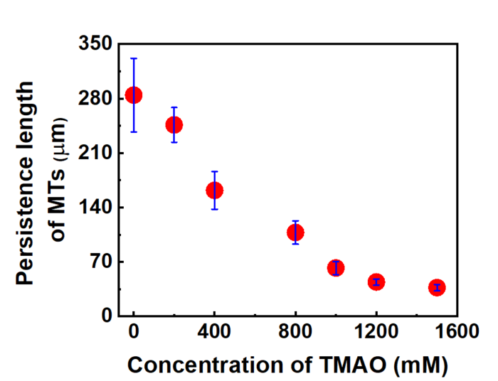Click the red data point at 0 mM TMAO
click(x=133, y=95)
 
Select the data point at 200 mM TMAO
click(x=174, y=125)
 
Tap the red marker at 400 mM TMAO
click(x=214, y=190)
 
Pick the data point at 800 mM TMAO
click(x=295, y=232)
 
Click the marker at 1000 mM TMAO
click(x=336, y=268)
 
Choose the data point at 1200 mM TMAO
click(x=376, y=281)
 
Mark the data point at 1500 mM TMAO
click(x=437, y=287)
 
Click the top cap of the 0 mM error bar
click(x=133, y=58)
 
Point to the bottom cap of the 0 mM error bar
click(x=133, y=132)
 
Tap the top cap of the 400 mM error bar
click(x=214, y=171)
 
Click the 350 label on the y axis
click(x=96, y=44)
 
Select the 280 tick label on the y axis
click(x=96, y=98)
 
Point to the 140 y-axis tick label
click(x=96, y=207)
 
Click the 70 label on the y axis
click(x=101, y=262)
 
